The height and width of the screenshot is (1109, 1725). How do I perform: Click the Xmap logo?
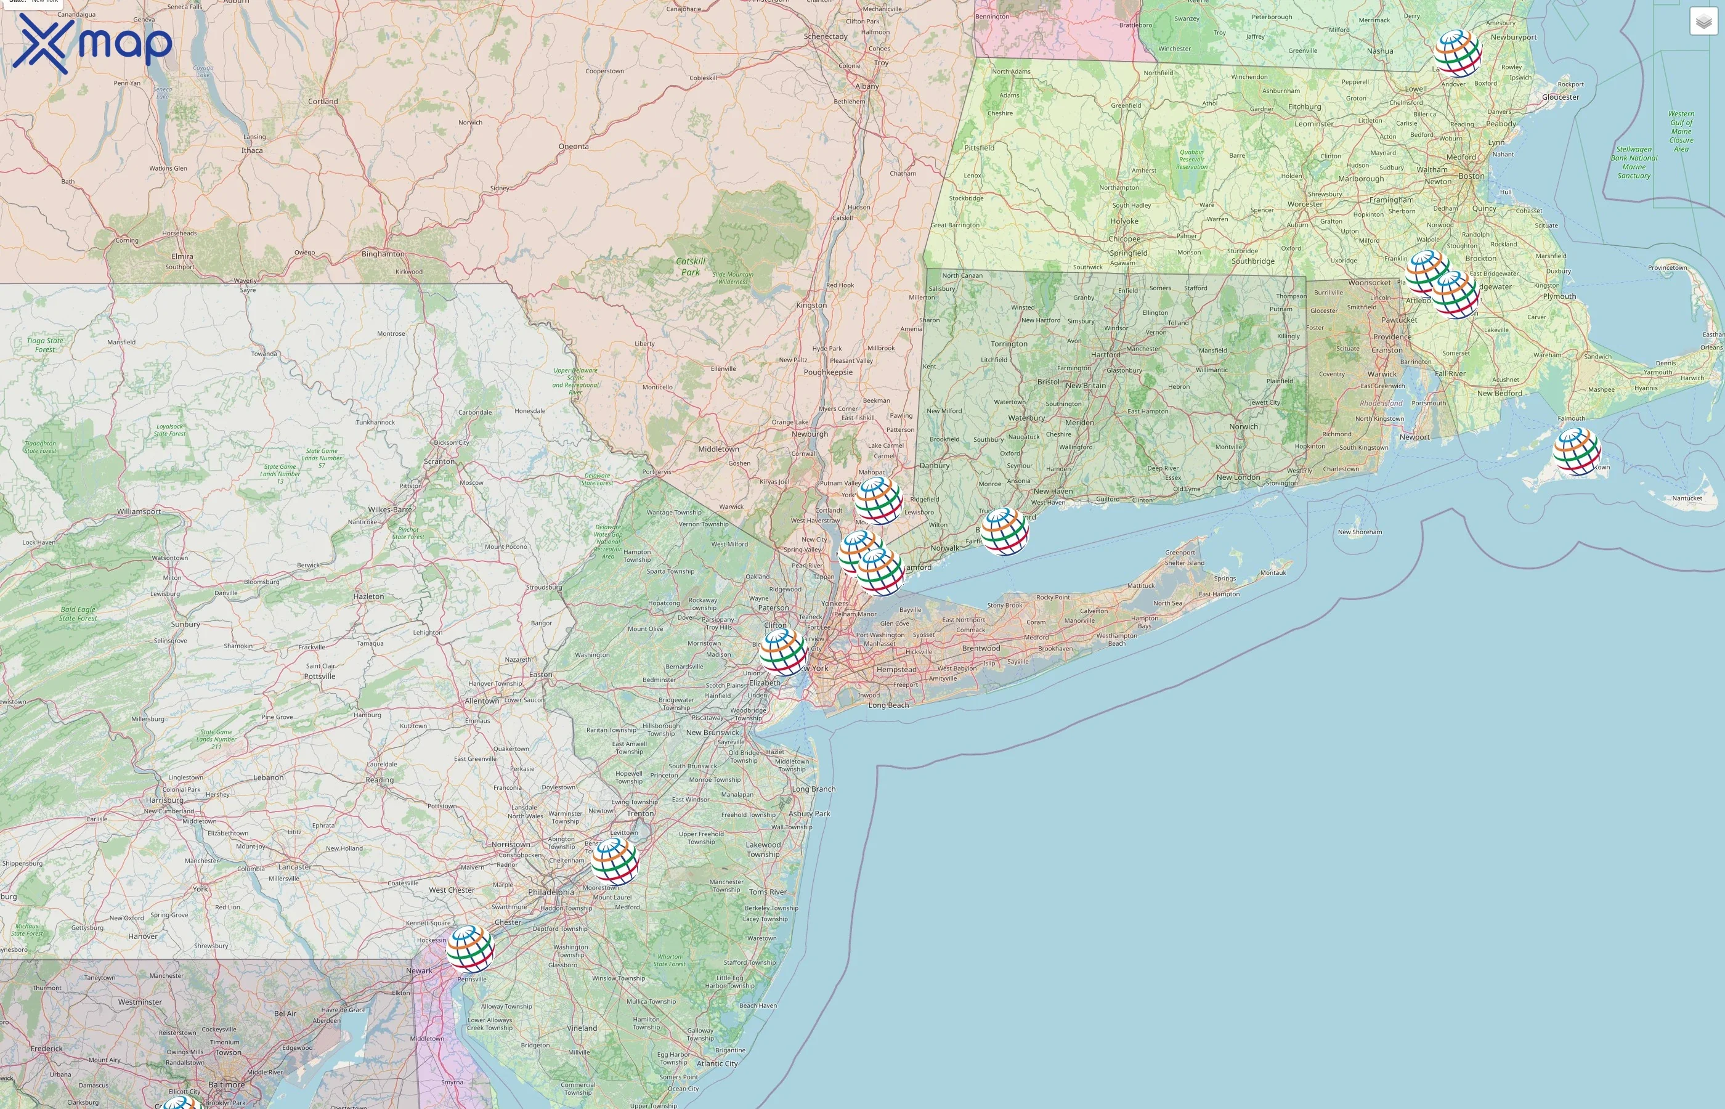[x=92, y=43]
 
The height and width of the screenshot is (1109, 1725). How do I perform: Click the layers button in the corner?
[x=1703, y=22]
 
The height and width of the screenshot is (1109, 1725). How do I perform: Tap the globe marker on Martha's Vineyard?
[x=1577, y=452]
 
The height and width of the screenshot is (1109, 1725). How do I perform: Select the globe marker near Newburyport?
[x=1458, y=53]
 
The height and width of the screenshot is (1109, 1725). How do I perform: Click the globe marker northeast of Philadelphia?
[x=614, y=861]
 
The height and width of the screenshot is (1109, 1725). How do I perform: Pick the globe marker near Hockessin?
[x=470, y=949]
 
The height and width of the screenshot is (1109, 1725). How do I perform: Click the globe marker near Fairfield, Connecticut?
[x=1005, y=532]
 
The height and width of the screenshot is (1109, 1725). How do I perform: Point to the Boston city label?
[x=1471, y=176]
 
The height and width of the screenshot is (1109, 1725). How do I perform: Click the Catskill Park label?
[x=691, y=266]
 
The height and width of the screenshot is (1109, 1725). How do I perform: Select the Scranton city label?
[x=439, y=461]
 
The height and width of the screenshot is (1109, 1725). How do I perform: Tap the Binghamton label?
[x=383, y=254]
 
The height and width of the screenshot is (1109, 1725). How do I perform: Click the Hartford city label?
[x=1105, y=354]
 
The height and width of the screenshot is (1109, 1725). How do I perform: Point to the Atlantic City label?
[x=717, y=1063]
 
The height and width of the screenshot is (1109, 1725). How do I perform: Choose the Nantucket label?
[x=1687, y=498]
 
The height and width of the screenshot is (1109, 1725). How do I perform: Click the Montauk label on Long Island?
[x=1273, y=572]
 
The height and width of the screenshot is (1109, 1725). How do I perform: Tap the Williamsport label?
[x=139, y=511]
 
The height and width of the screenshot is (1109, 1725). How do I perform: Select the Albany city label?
[x=867, y=86]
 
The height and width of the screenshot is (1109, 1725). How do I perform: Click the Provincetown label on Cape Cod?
[x=1668, y=267]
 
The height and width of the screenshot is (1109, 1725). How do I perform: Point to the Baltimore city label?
[x=226, y=1084]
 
